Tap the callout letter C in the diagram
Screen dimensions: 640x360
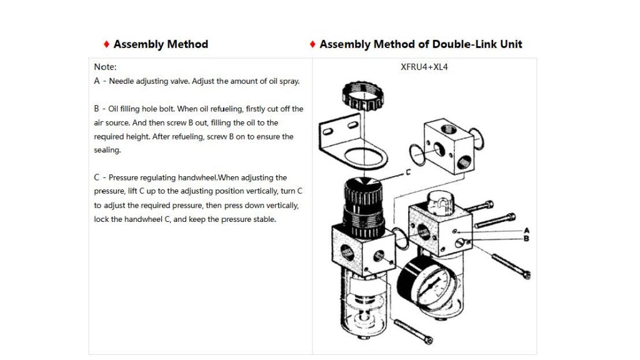(x=407, y=172)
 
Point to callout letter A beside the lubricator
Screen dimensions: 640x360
(x=526, y=231)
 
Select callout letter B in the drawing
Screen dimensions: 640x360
(x=526, y=238)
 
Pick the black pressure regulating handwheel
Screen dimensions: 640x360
(x=363, y=208)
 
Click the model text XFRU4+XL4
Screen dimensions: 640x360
(x=424, y=67)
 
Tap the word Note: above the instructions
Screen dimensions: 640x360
(x=105, y=67)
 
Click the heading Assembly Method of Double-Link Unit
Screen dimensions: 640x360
(x=421, y=44)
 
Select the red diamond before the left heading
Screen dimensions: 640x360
(x=106, y=44)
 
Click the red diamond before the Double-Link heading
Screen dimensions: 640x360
(x=312, y=44)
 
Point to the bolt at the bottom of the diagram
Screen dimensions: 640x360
(x=413, y=332)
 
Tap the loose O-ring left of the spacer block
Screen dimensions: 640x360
(x=417, y=155)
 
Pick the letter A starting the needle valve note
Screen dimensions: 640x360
(x=97, y=81)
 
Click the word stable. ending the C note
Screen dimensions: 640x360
(x=264, y=219)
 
